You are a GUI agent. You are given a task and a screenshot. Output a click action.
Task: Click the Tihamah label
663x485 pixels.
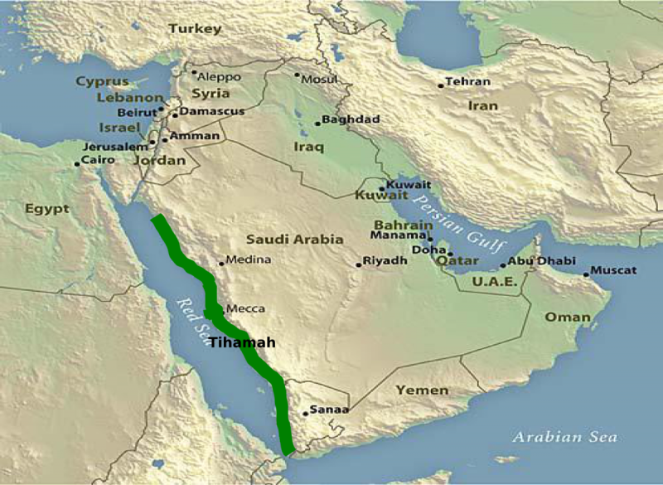(x=240, y=342)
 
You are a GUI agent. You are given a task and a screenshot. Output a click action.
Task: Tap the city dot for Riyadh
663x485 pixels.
(x=358, y=264)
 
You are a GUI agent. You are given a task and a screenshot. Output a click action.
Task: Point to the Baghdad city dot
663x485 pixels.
(x=317, y=124)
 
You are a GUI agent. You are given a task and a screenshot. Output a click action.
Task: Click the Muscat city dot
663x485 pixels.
(x=586, y=274)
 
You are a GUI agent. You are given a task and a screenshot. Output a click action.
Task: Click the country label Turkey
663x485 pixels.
(x=196, y=29)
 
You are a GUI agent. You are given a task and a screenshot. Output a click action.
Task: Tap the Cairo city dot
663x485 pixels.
(x=77, y=164)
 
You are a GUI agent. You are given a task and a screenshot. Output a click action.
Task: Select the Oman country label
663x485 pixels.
(x=568, y=317)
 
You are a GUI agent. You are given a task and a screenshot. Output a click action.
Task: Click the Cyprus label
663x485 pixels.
(x=103, y=82)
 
